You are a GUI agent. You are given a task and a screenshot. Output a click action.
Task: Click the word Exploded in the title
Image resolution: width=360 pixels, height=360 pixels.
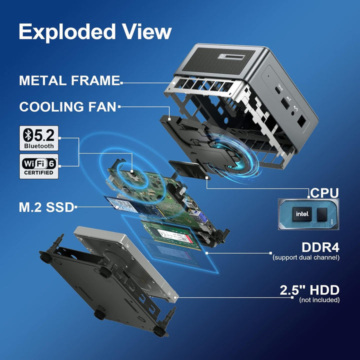[67, 32]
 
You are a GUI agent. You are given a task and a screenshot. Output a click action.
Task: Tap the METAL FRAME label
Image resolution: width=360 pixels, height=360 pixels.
[69, 80]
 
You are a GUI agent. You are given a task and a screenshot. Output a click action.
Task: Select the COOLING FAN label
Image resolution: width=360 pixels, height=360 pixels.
[67, 107]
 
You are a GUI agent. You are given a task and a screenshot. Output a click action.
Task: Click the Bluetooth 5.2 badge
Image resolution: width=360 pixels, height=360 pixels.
[39, 138]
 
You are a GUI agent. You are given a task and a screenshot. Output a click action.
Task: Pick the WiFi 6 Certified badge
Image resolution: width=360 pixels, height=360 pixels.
[39, 166]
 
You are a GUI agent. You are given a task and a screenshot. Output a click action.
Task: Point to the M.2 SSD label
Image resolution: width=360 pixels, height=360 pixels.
[46, 207]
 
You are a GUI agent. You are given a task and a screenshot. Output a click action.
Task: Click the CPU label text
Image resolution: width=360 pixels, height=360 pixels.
[324, 193]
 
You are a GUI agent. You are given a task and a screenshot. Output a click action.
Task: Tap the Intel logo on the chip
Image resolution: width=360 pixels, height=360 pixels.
[302, 214]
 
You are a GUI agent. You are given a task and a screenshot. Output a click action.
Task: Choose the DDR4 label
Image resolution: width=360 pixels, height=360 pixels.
[320, 247]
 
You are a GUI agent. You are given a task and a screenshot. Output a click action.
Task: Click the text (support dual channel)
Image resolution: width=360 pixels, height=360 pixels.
[306, 257]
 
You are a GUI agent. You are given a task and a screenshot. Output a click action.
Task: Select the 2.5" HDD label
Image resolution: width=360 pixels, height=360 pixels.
[309, 290]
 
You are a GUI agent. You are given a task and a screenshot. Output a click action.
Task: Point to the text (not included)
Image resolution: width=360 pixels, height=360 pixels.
[319, 300]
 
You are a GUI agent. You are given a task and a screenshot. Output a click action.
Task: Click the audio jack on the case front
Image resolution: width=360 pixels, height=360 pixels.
[293, 112]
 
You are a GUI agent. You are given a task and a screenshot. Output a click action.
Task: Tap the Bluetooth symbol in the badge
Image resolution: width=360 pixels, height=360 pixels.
[28, 135]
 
